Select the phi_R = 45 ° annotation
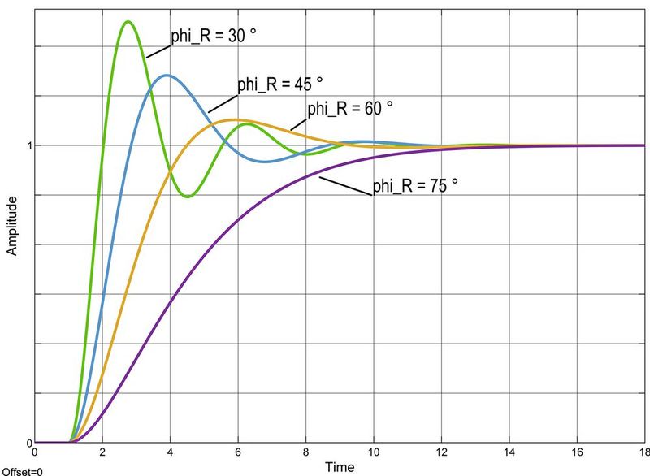click(x=279, y=84)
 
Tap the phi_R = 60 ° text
click(x=349, y=108)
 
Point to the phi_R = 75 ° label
click(x=415, y=186)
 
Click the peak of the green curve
click(x=127, y=21)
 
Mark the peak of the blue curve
click(x=167, y=76)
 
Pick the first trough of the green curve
click(x=188, y=197)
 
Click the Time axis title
click(x=339, y=467)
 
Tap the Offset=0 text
click(x=22, y=470)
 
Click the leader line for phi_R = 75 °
click(x=345, y=185)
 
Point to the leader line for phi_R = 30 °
click(x=158, y=48)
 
